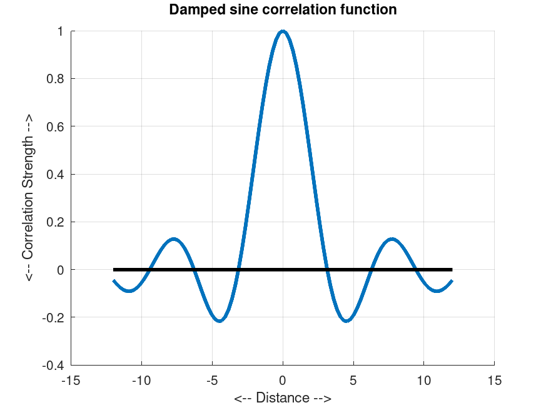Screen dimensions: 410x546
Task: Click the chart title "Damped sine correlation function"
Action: (x=283, y=10)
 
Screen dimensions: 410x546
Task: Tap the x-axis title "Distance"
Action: (x=283, y=398)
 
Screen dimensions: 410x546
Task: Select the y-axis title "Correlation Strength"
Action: (x=29, y=198)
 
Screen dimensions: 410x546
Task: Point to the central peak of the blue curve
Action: (x=283, y=31)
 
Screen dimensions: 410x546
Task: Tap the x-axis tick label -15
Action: (x=71, y=379)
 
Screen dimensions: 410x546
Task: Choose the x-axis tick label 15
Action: (x=494, y=379)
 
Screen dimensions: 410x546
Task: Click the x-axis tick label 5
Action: (x=353, y=379)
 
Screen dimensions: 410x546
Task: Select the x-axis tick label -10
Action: (x=141, y=379)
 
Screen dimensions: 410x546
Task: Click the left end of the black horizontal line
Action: (x=114, y=270)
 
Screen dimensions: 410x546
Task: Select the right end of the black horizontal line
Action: (x=452, y=270)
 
